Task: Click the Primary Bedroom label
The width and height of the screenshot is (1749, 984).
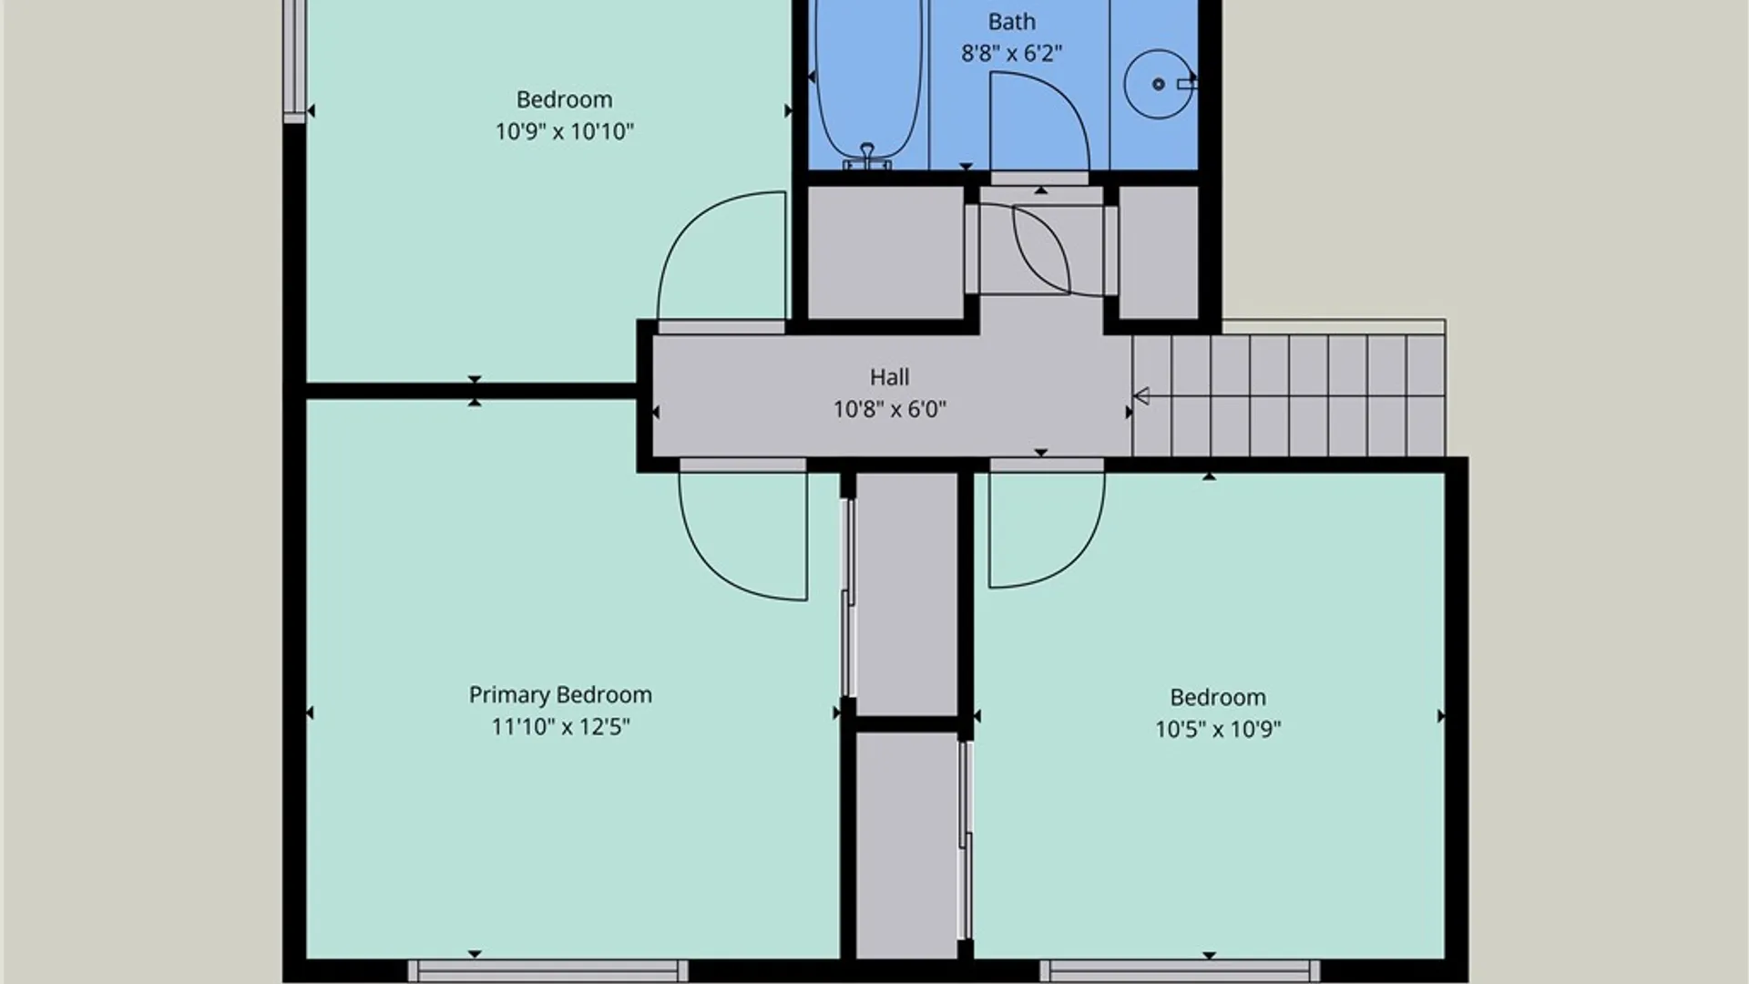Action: (x=560, y=695)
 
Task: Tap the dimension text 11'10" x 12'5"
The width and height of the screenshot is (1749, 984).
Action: (x=560, y=727)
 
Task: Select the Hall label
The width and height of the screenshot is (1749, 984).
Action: (x=889, y=377)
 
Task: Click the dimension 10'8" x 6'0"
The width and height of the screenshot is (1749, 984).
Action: (x=889, y=409)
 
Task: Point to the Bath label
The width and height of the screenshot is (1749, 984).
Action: (x=1011, y=22)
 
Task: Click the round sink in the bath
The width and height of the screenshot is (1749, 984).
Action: (x=1158, y=84)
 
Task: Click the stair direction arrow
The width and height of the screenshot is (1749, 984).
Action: (x=1141, y=395)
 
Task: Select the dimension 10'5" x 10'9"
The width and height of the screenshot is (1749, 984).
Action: (x=1218, y=729)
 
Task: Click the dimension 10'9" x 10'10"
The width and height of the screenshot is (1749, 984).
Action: (x=564, y=131)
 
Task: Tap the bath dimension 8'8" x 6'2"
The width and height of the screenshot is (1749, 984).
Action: (x=1011, y=54)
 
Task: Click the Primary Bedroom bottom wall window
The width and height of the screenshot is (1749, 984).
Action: (x=547, y=970)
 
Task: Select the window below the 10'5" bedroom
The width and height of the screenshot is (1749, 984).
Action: (x=1180, y=970)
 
